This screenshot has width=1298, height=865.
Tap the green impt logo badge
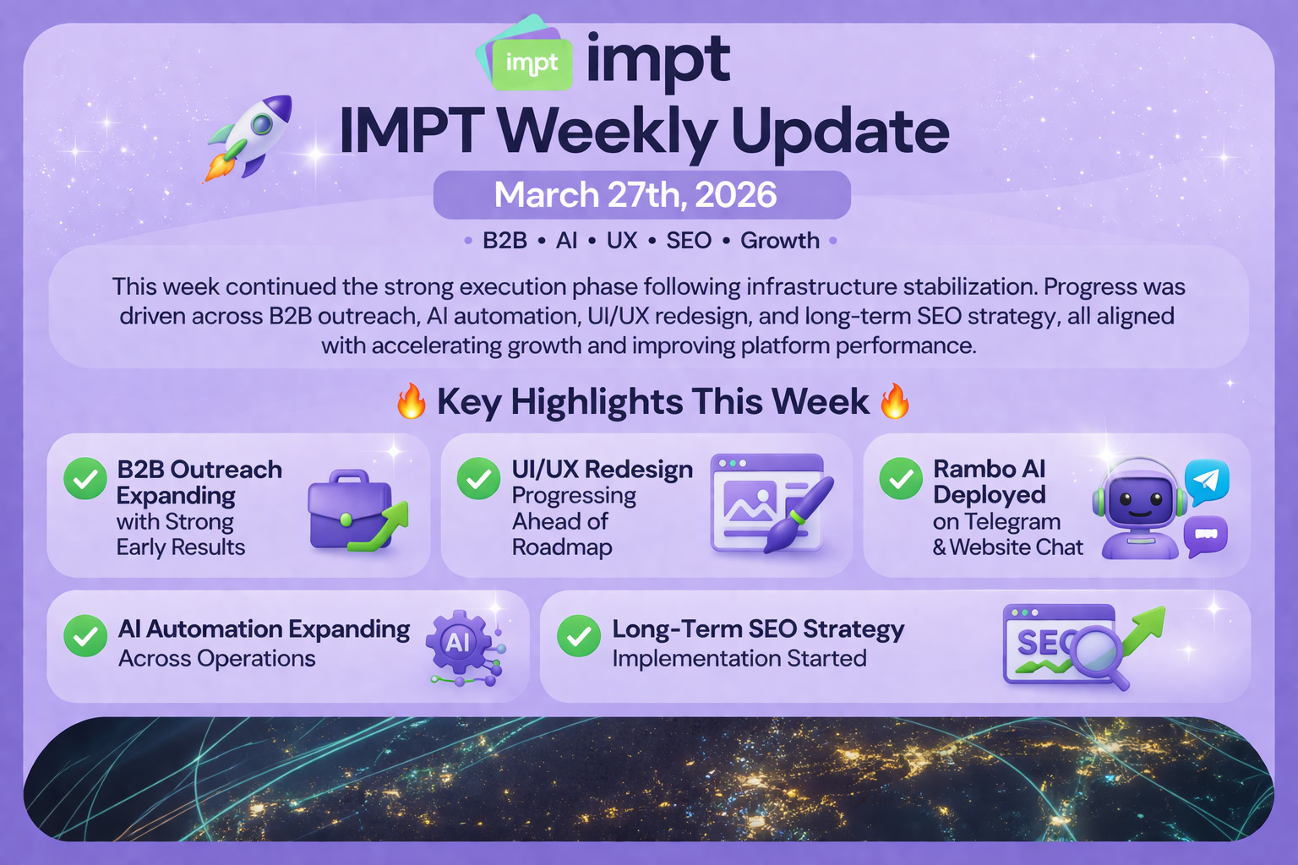[532, 63]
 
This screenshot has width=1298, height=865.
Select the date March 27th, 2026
[635, 194]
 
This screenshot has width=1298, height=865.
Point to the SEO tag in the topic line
[689, 241]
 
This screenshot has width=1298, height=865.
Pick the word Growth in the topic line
[780, 241]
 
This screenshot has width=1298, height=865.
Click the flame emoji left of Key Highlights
[412, 400]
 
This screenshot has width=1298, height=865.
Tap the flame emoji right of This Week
[895, 400]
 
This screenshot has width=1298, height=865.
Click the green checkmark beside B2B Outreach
[85, 479]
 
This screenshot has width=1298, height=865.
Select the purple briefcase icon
[350, 510]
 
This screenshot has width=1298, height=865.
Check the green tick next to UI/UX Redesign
[478, 479]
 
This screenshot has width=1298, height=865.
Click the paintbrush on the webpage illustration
[799, 514]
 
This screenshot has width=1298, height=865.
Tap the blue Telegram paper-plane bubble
[1207, 481]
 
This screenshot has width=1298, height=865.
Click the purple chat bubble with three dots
[1205, 536]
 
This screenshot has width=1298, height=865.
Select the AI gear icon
[459, 642]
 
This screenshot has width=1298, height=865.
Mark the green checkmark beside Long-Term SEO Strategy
[578, 635]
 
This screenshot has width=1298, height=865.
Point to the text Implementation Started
[739, 659]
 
